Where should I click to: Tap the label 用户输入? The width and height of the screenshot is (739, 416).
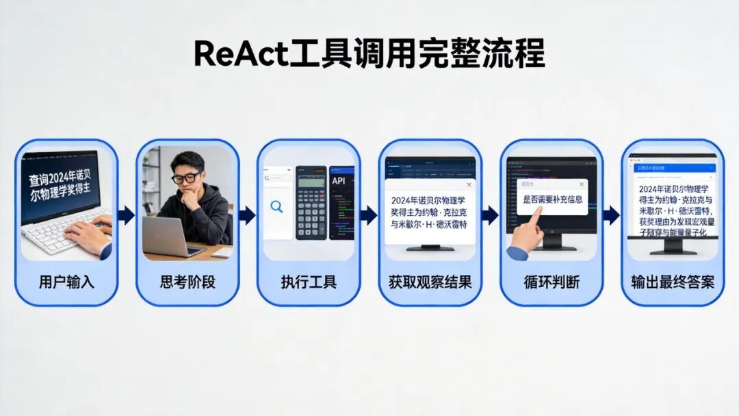(66, 282)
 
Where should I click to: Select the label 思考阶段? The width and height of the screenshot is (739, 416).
(187, 282)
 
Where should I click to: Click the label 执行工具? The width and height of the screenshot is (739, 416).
(309, 282)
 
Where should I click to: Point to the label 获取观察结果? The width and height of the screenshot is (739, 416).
(430, 282)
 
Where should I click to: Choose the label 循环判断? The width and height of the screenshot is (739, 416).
(552, 282)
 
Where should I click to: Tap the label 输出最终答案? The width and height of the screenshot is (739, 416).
(673, 282)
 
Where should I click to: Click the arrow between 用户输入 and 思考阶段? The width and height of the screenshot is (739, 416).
(127, 215)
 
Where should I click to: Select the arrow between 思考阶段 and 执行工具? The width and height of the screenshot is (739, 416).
(248, 215)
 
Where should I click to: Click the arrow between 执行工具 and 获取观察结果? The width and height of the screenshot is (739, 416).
(369, 215)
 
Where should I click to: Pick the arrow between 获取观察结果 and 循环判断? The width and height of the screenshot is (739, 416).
(490, 215)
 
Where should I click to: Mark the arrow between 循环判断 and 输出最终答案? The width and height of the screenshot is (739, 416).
(612, 215)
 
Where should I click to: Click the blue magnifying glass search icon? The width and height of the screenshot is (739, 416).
(276, 206)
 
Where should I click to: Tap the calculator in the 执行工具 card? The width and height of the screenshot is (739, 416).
(311, 204)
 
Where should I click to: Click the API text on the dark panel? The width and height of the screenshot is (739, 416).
(339, 181)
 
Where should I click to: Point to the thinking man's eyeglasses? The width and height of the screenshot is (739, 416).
(186, 178)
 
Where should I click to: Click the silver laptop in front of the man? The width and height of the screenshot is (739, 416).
(166, 236)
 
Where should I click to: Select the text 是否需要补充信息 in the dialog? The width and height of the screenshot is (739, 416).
(552, 200)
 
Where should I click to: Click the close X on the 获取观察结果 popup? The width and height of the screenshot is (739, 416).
(468, 185)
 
